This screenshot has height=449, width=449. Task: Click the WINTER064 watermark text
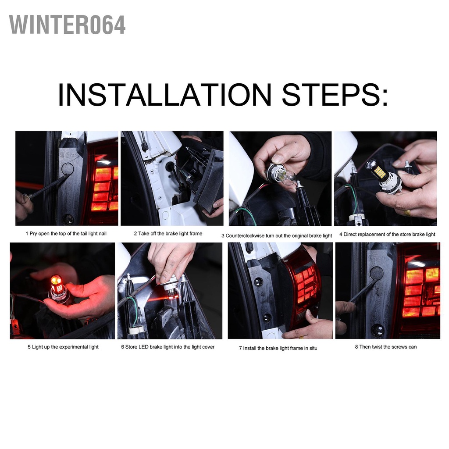click(67, 25)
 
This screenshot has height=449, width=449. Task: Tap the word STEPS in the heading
click(335, 95)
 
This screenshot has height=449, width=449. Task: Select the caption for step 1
click(66, 234)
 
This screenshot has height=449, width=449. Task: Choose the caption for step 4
click(387, 234)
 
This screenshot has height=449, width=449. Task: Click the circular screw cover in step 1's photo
click(68, 169)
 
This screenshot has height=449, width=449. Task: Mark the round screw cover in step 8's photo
click(376, 274)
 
